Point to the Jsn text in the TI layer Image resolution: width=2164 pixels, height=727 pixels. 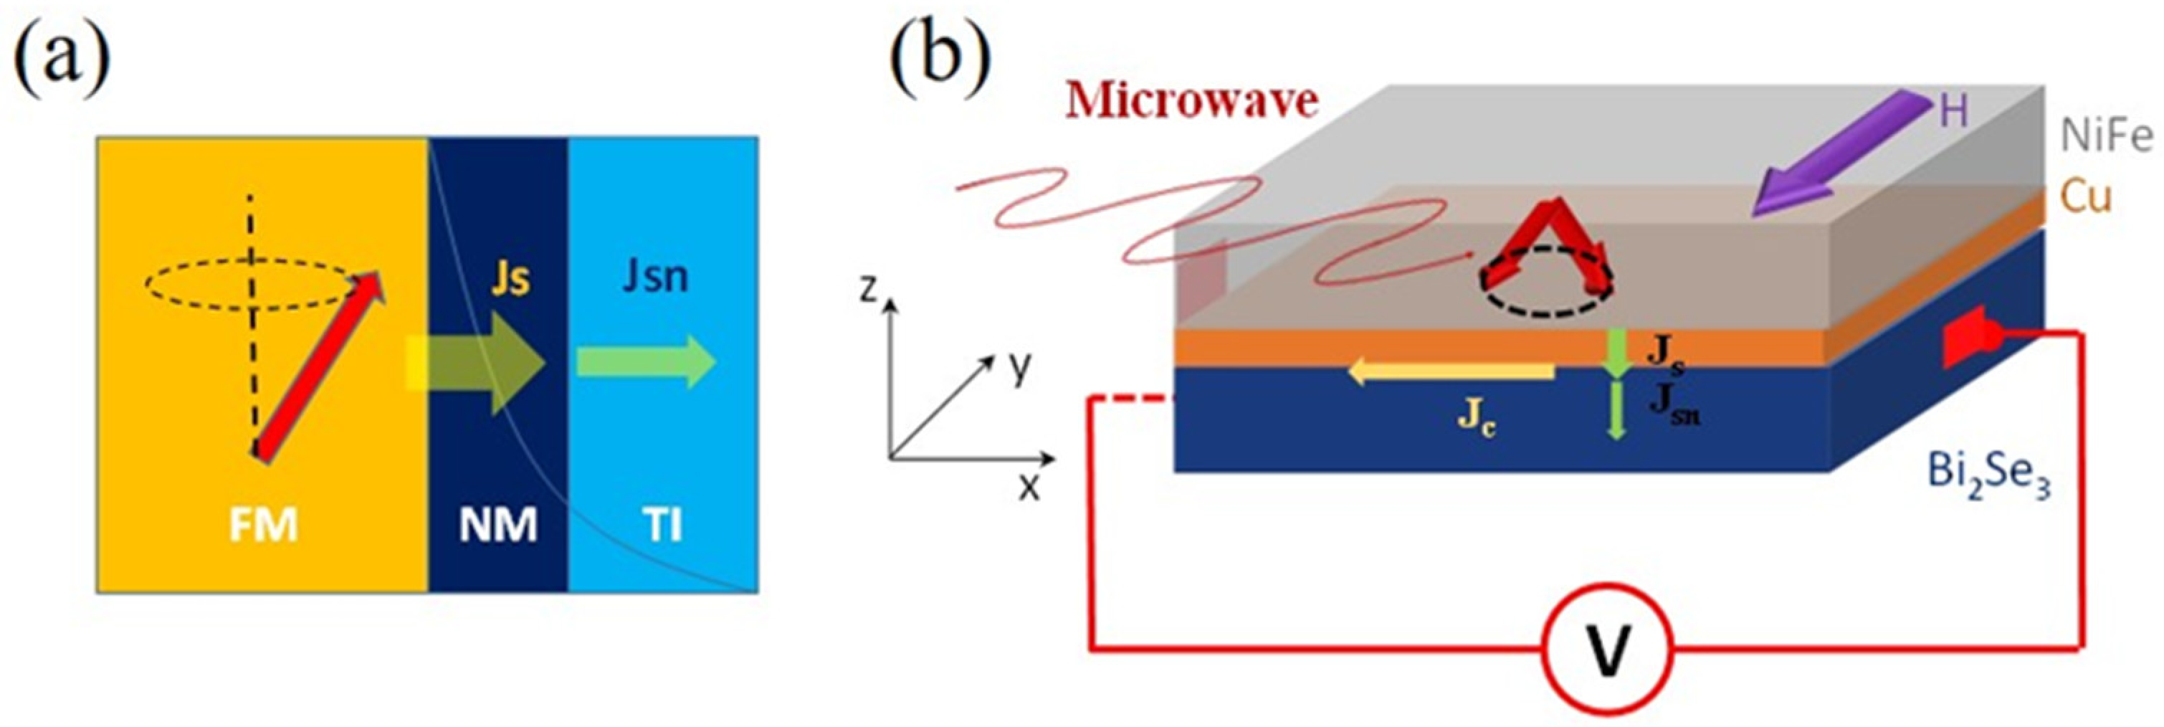coord(655,277)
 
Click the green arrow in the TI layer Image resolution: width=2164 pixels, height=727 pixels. coord(645,362)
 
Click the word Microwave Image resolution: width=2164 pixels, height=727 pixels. coord(1191,102)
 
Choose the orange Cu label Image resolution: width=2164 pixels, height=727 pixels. coord(2085,199)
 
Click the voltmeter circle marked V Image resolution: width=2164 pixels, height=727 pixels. coord(1606,649)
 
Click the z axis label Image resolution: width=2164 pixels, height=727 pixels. coord(869,290)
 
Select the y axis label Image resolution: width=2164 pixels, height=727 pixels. coord(1019,367)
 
